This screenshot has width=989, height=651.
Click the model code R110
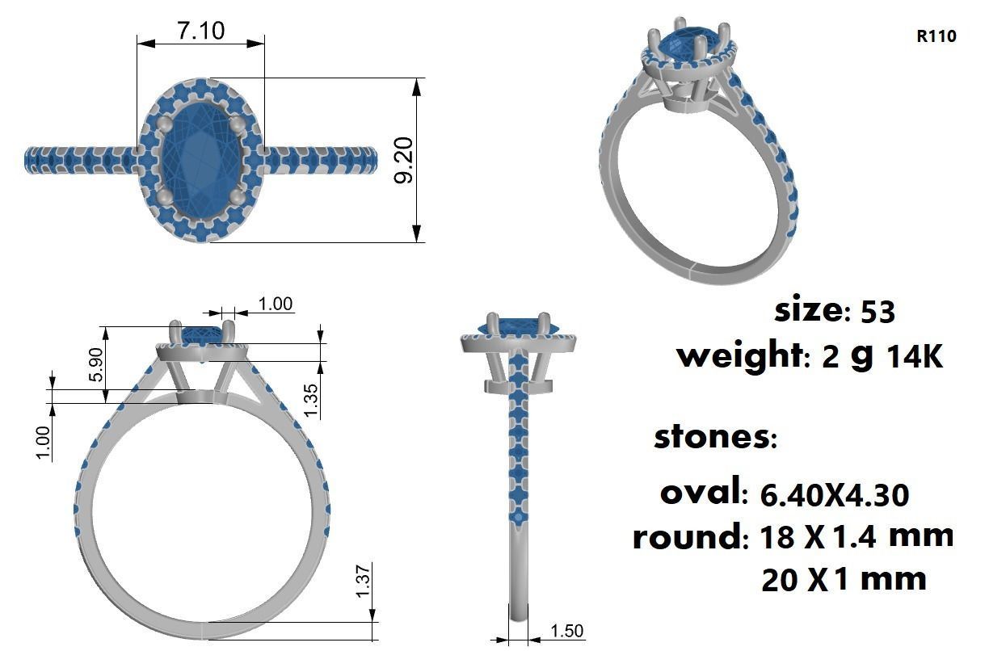click(x=936, y=36)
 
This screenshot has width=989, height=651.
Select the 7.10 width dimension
click(x=201, y=31)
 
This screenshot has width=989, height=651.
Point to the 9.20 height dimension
click(x=403, y=160)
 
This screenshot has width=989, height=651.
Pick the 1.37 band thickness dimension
click(x=363, y=582)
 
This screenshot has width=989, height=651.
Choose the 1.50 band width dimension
click(x=566, y=631)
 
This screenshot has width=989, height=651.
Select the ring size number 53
click(x=877, y=311)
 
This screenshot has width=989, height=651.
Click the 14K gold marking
click(x=915, y=356)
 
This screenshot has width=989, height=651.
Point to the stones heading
click(x=714, y=437)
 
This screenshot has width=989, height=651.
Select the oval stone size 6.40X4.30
click(x=835, y=494)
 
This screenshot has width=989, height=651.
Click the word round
click(x=686, y=537)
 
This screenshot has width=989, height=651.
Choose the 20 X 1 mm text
click(x=844, y=579)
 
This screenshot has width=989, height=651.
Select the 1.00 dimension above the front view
click(x=276, y=304)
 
